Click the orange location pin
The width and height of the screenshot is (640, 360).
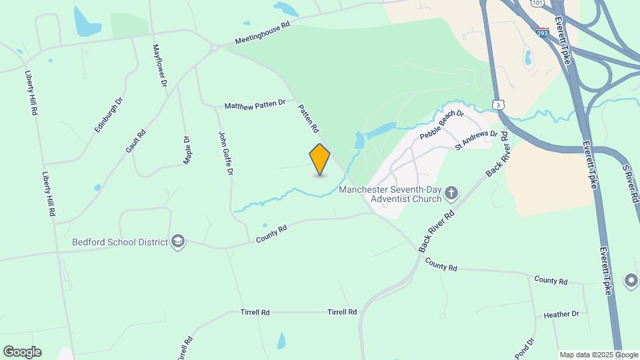320,159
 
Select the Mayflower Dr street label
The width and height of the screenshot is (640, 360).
159,66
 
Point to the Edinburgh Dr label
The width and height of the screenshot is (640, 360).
109,114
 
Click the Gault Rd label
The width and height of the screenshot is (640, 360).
135,141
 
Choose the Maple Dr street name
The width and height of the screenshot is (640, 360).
187,151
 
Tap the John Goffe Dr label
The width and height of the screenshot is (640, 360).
226,153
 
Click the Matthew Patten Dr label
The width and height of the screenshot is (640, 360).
255,105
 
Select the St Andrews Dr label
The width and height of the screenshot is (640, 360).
477,139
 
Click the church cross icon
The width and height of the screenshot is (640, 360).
451,193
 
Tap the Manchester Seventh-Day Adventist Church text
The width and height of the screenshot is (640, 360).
390,193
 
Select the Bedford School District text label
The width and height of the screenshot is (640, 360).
120,241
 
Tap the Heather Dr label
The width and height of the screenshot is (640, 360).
561,314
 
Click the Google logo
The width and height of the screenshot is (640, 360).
22,352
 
